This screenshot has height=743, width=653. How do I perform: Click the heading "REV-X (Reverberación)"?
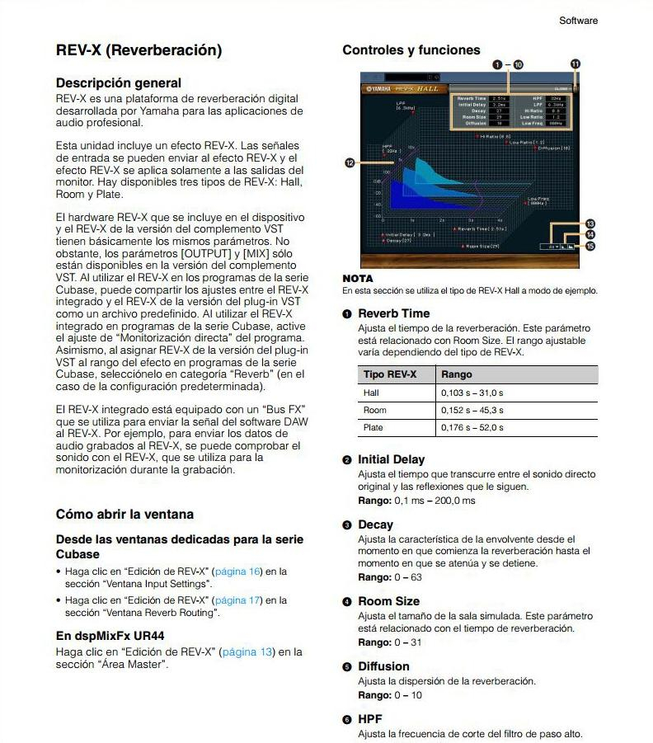[139, 50]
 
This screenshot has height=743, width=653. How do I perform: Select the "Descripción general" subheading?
[118, 82]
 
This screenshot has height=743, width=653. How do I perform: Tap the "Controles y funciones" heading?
[411, 49]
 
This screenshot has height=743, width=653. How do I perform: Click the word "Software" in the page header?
[578, 21]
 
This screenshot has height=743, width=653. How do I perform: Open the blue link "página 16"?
[237, 571]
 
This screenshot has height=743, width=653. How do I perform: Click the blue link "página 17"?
[237, 600]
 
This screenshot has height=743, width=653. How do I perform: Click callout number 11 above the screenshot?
[575, 63]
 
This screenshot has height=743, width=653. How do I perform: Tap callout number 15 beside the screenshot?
[590, 246]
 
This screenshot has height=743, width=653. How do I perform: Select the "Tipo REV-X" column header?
[390, 374]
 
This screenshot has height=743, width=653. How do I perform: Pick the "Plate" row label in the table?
[372, 428]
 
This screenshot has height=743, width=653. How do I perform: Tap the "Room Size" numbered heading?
[388, 601]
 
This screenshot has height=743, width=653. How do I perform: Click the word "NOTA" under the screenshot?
[357, 279]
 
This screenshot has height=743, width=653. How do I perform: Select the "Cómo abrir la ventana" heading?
[124, 514]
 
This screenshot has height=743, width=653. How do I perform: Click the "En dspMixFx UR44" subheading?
[110, 636]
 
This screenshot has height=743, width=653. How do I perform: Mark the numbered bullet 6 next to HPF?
[348, 719]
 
